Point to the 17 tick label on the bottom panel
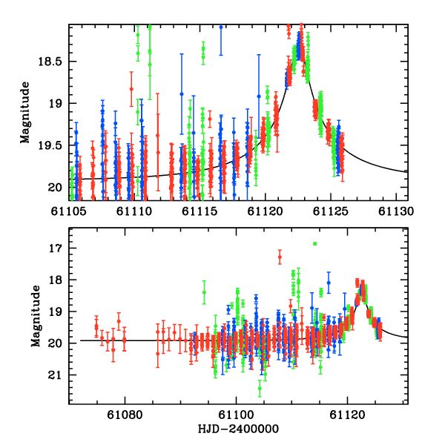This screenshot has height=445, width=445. coord(56,248)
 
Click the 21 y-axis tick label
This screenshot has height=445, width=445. coord(56,375)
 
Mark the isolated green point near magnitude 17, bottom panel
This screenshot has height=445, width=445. coord(314,243)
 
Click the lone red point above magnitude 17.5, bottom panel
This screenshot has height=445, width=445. coord(280,258)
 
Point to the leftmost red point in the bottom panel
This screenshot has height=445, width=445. coord(96,327)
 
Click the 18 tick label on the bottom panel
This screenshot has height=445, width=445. coord(56,280)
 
